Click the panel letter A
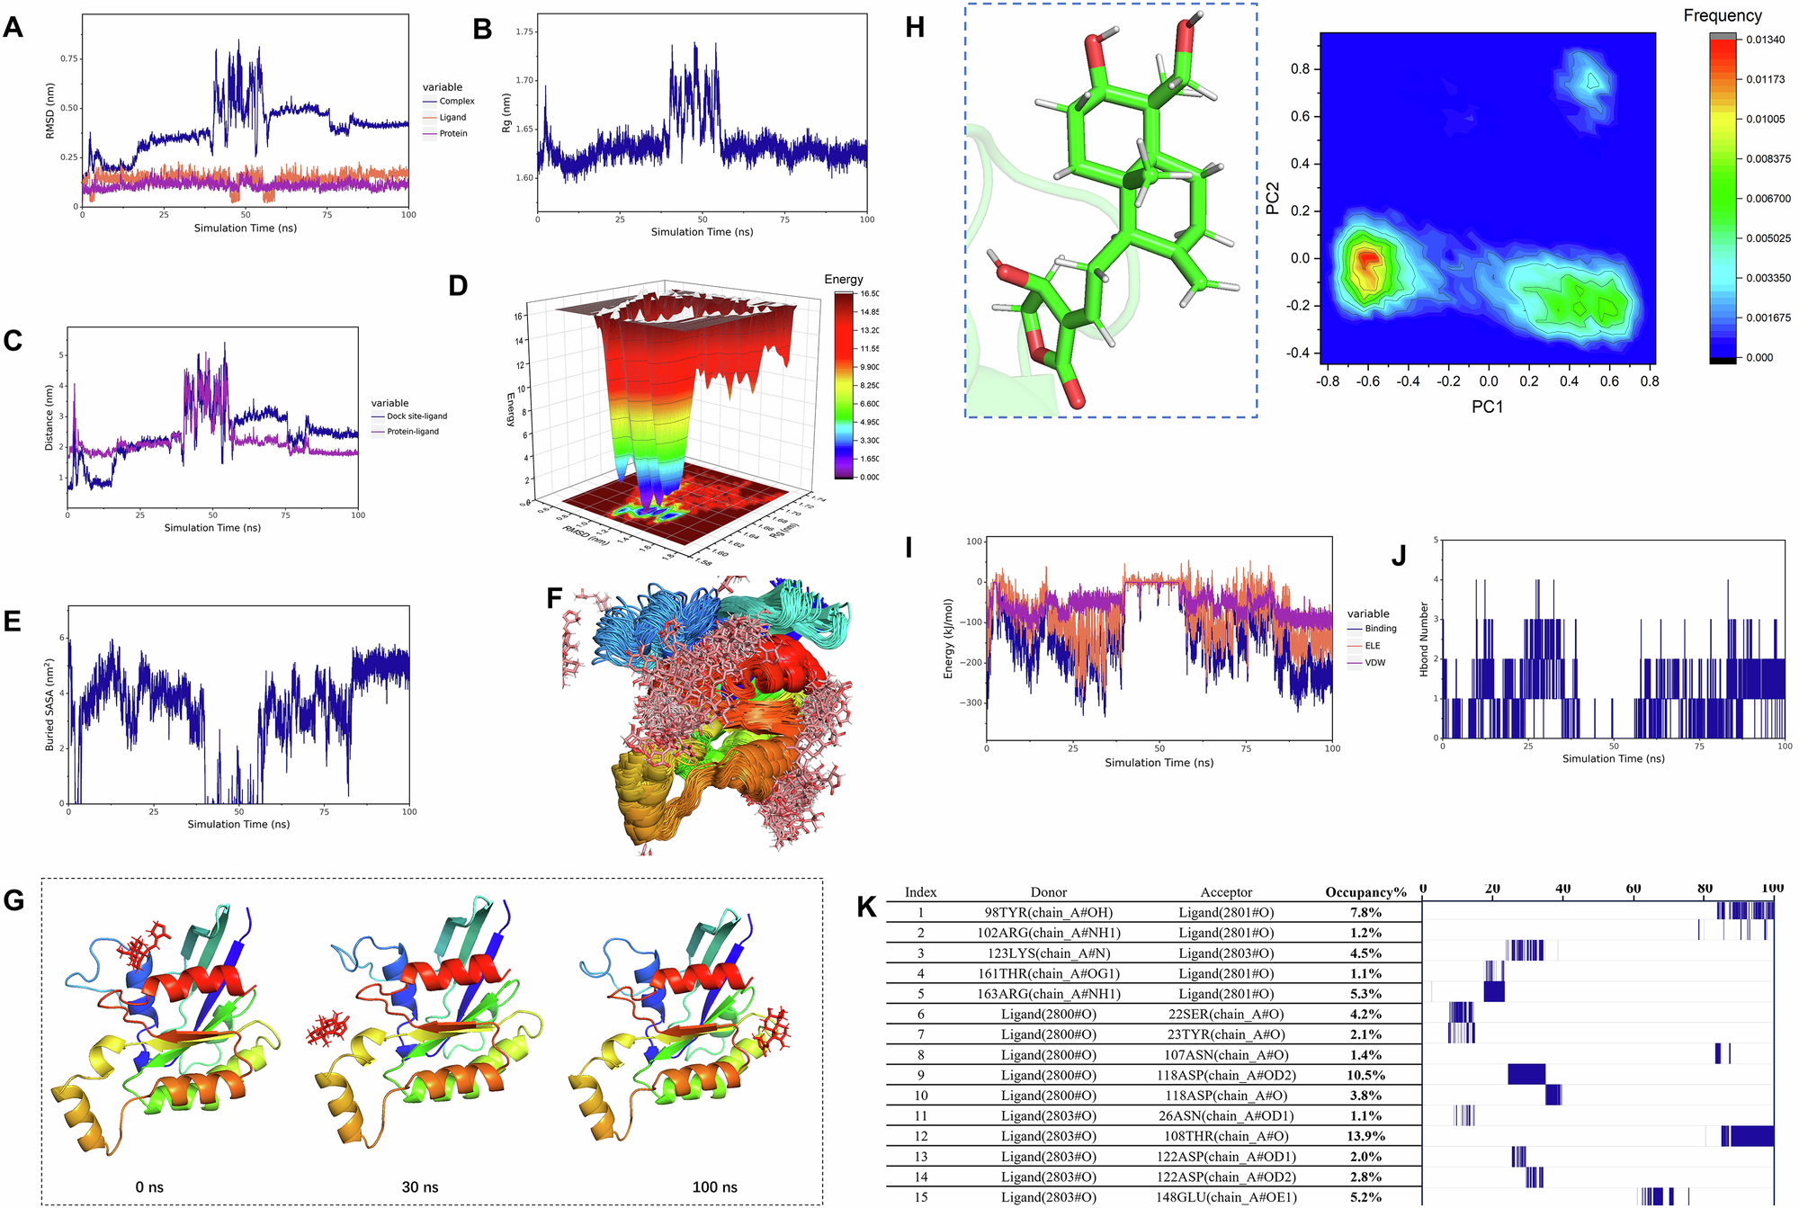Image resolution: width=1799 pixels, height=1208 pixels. pyautogui.click(x=13, y=28)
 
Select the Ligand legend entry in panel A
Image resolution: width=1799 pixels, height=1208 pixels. pyautogui.click(x=452, y=118)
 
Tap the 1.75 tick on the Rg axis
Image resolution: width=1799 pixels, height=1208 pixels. pyautogui.click(x=524, y=31)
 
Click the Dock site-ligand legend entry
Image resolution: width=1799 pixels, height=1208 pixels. pyautogui.click(x=416, y=416)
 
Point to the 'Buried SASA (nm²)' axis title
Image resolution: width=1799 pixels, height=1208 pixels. pyautogui.click(x=49, y=705)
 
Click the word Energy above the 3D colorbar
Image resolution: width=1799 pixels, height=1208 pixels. pyautogui.click(x=843, y=280)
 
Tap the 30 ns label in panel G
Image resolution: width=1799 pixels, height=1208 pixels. pyautogui.click(x=420, y=1187)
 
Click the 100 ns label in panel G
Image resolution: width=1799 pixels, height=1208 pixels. pyautogui.click(x=714, y=1187)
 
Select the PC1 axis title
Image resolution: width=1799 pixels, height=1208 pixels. pyautogui.click(x=1487, y=407)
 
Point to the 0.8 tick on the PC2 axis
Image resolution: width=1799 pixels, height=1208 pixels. pyautogui.click(x=1300, y=69)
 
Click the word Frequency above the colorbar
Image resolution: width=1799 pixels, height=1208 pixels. pyautogui.click(x=1722, y=16)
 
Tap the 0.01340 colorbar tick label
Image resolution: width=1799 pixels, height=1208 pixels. pyautogui.click(x=1765, y=40)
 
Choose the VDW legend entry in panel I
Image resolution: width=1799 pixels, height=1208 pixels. pyautogui.click(x=1374, y=663)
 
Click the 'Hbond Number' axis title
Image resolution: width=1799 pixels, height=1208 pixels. pyautogui.click(x=1424, y=640)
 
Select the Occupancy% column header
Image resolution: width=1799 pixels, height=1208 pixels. pyautogui.click(x=1365, y=892)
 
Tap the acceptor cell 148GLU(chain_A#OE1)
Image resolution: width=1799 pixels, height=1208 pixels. pyautogui.click(x=1226, y=1197)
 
